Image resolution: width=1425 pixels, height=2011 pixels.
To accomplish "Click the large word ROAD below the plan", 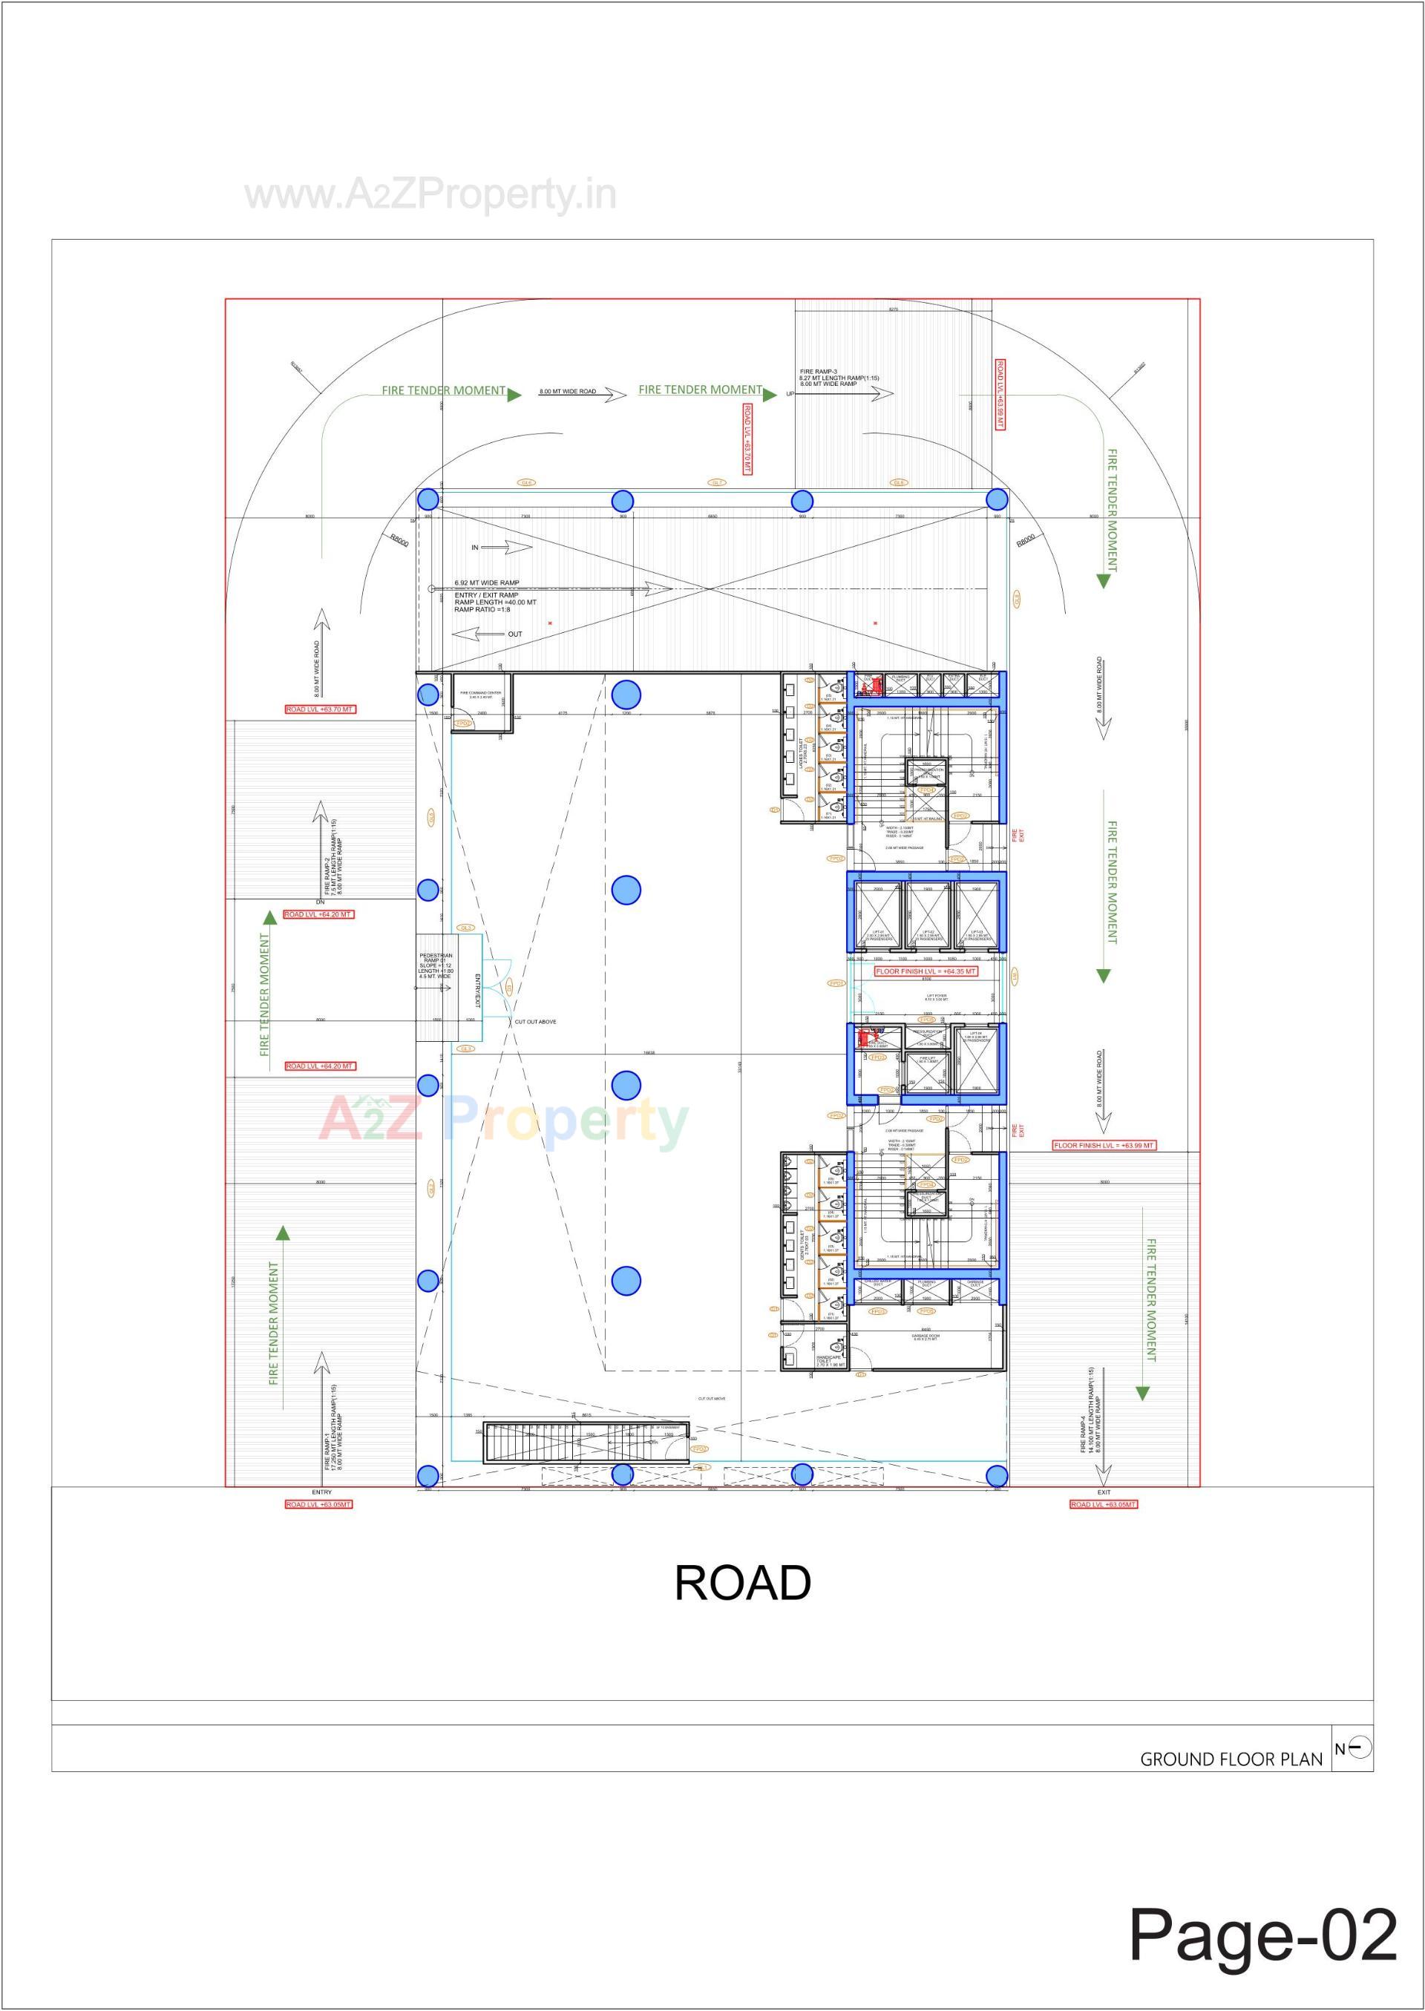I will pyautogui.click(x=742, y=1583).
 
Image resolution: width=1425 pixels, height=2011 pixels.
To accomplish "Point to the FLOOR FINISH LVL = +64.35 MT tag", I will pyautogui.click(x=926, y=971).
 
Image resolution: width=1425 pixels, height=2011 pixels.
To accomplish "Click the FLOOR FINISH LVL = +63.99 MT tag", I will pyautogui.click(x=1104, y=1145).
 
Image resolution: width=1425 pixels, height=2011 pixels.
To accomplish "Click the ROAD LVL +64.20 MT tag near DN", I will pyautogui.click(x=318, y=914).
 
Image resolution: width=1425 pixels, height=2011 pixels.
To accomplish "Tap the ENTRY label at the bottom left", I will pyautogui.click(x=321, y=1492).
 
